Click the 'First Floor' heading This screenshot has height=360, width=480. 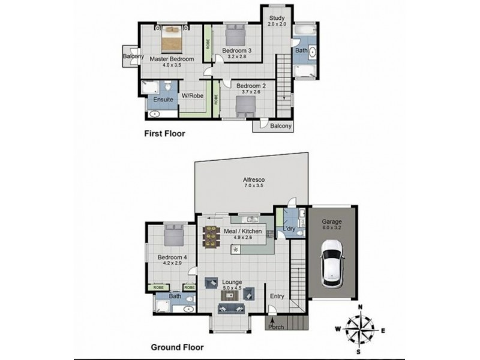click(x=164, y=134)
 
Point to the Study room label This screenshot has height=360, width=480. click(x=276, y=17)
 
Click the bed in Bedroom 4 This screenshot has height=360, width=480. click(x=175, y=235)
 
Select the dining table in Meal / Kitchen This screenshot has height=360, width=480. click(x=211, y=236)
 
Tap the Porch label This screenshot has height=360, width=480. click(x=277, y=327)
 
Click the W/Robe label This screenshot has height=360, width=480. click(x=192, y=95)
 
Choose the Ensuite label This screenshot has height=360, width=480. click(x=163, y=100)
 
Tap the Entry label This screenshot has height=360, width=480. click(x=277, y=296)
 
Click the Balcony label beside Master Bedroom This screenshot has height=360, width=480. click(x=132, y=57)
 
